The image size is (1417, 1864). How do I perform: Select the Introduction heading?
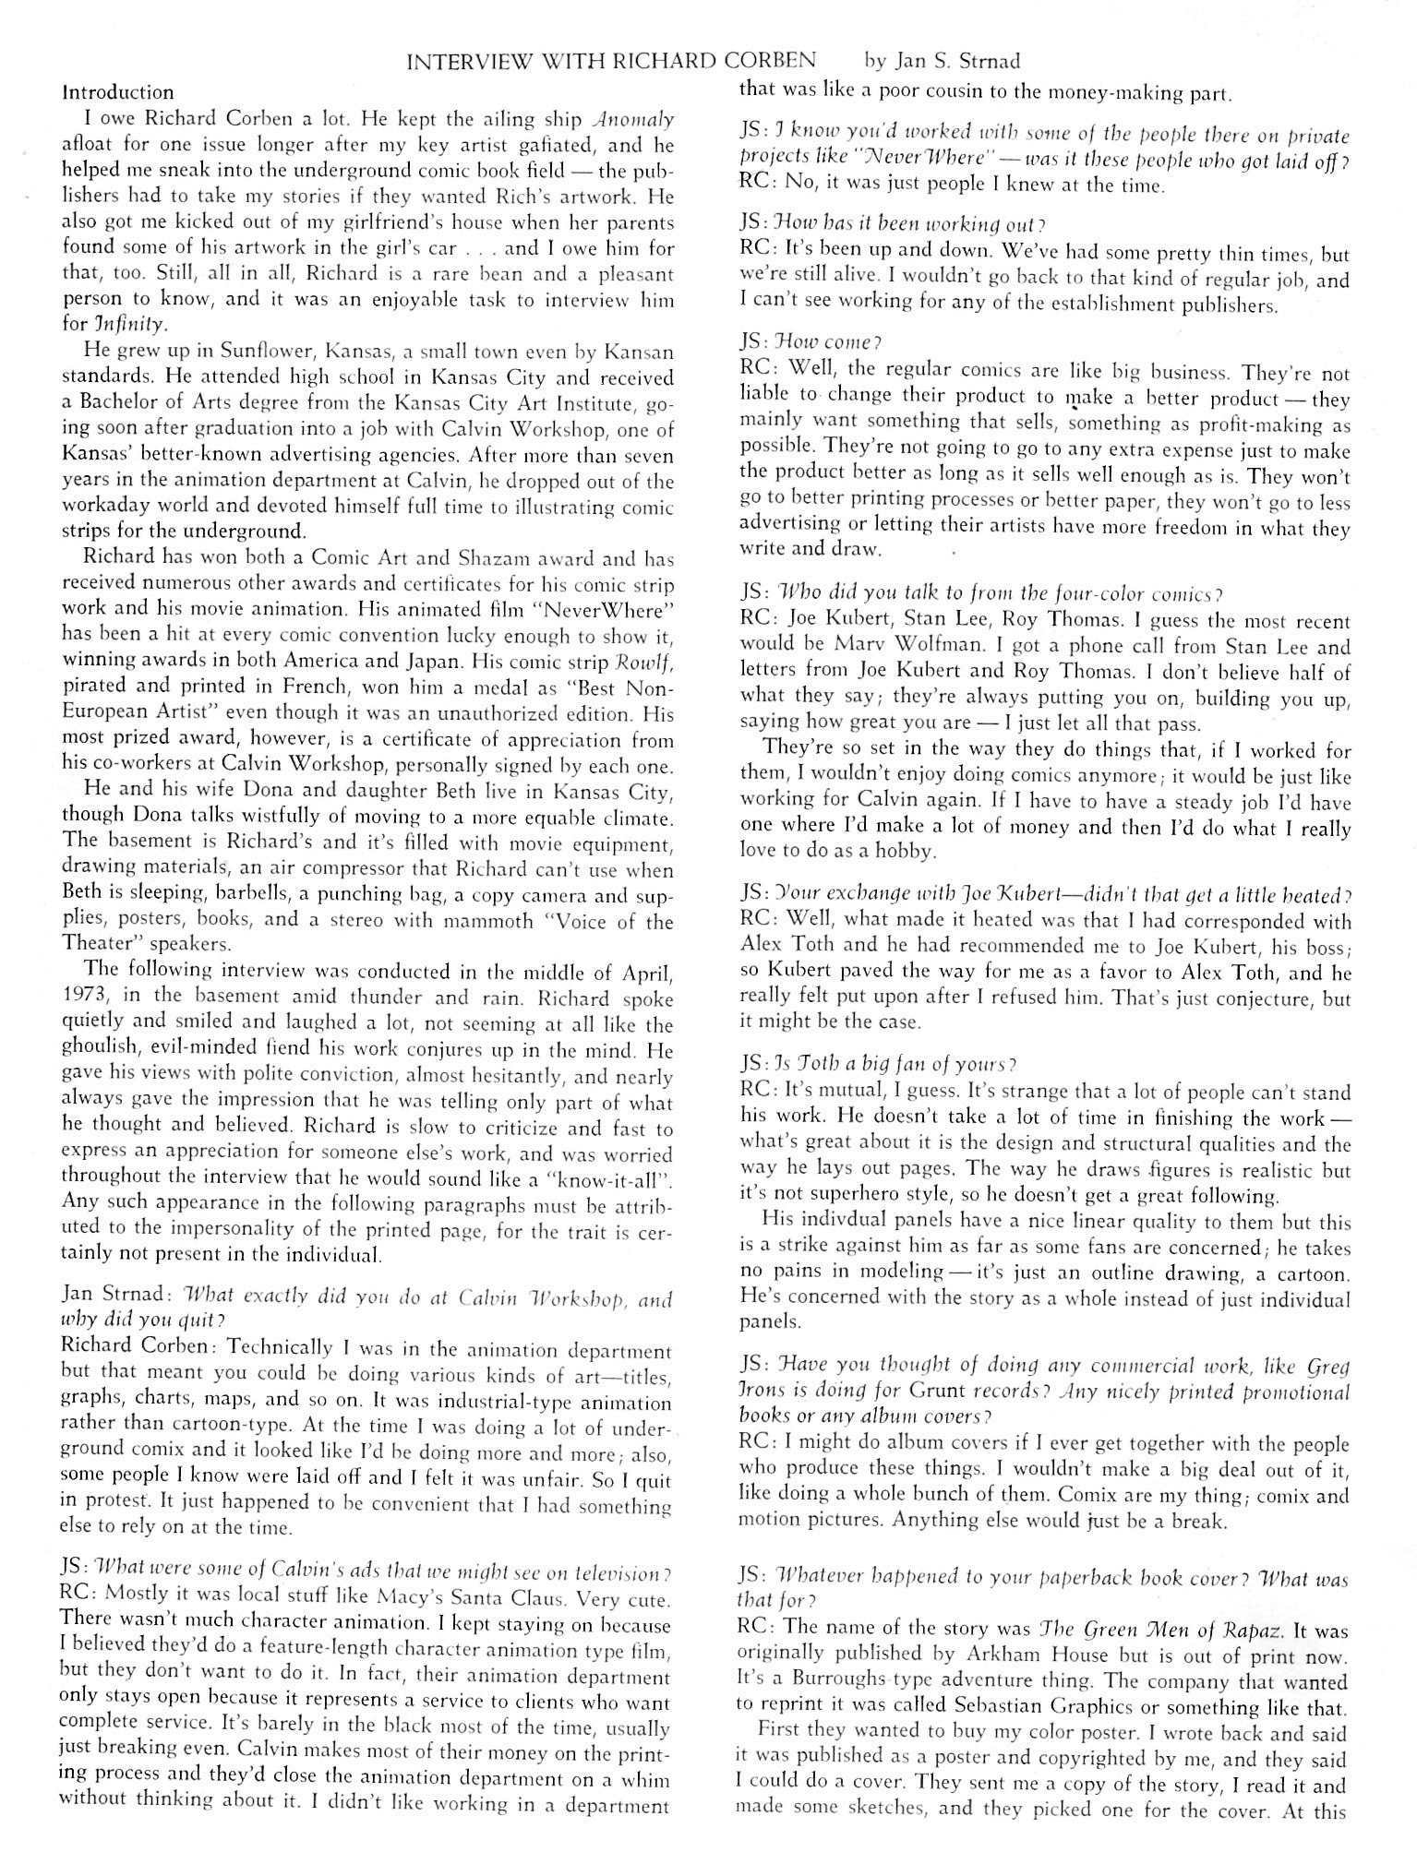(x=117, y=92)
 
